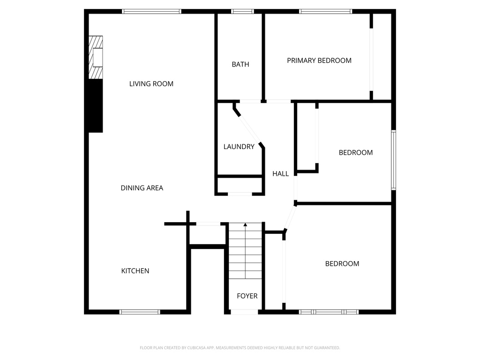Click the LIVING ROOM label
click(151, 84)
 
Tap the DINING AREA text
click(142, 188)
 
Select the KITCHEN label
click(135, 271)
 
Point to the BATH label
click(240, 65)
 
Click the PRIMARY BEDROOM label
click(319, 60)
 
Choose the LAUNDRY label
click(239, 147)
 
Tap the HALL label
click(280, 174)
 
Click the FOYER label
click(247, 296)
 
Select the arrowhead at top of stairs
click(245, 225)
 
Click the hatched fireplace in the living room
click(96, 58)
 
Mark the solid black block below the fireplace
click(96, 106)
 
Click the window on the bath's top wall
click(242, 11)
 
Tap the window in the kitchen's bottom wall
click(140, 312)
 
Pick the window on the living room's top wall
click(151, 11)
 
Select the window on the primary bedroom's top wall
click(325, 11)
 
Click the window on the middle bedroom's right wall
click(394, 160)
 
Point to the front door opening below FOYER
click(245, 312)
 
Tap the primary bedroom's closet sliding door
click(371, 60)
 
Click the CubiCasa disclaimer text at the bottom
click(240, 348)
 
